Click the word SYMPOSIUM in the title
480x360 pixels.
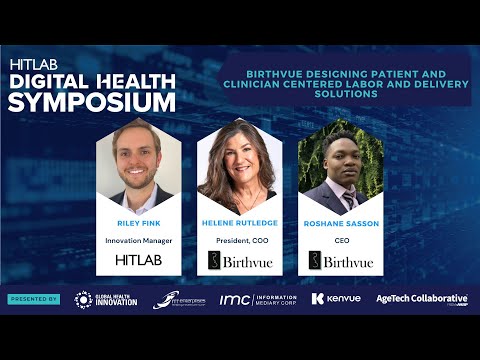pyautogui.click(x=91, y=101)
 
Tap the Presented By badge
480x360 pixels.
pyautogui.click(x=34, y=299)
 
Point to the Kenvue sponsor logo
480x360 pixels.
pyautogui.click(x=333, y=299)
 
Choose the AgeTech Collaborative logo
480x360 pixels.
pyautogui.click(x=421, y=299)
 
